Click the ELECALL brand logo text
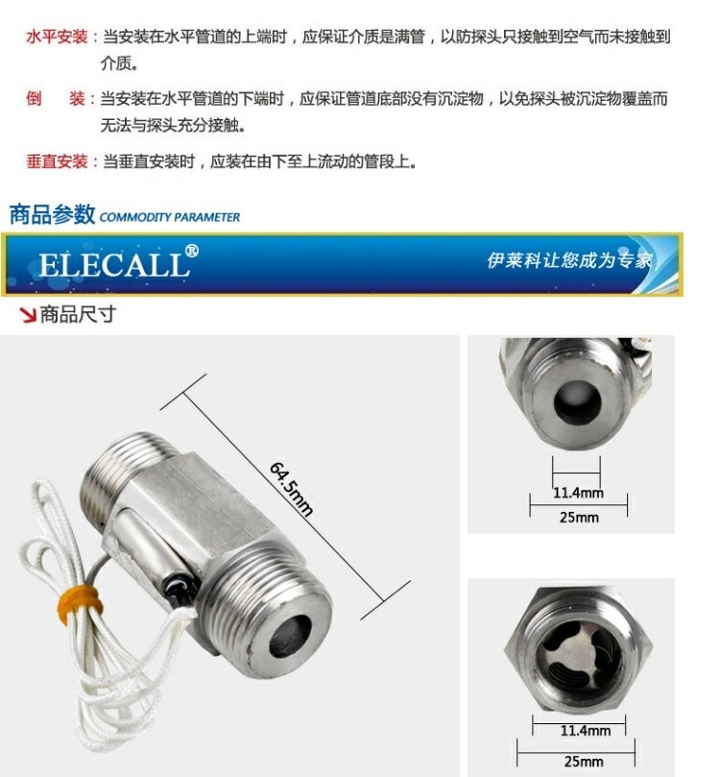(x=114, y=265)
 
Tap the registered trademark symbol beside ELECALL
(x=192, y=251)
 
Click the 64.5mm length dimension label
(x=291, y=489)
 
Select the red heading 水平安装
(x=57, y=36)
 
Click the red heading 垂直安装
(x=57, y=161)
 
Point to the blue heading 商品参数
(x=52, y=214)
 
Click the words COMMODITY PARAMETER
(x=169, y=217)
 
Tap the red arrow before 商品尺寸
(x=28, y=315)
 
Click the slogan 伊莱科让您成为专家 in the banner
(x=569, y=260)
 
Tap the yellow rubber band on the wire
(x=81, y=603)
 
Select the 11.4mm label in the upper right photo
(x=578, y=493)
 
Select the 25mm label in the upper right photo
(x=579, y=518)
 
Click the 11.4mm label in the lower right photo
(x=586, y=731)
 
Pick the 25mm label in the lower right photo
(x=584, y=761)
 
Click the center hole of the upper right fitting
(x=577, y=402)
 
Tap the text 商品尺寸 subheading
(x=78, y=315)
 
